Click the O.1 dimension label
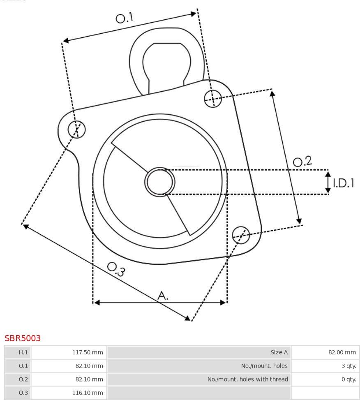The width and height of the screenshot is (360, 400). click(x=125, y=18)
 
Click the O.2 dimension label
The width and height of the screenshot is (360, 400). click(x=302, y=161)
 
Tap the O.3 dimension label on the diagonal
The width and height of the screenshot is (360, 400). click(x=116, y=269)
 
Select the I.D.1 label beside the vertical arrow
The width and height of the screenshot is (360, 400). click(x=344, y=183)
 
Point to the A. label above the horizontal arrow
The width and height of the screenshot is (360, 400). click(x=163, y=296)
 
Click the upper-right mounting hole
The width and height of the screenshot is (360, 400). click(x=213, y=99)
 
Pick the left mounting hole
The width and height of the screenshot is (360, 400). click(x=77, y=129)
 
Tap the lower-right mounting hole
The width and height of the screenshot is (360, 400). click(x=241, y=235)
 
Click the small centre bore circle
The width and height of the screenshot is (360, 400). click(x=160, y=182)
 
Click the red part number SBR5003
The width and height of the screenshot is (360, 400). click(x=23, y=338)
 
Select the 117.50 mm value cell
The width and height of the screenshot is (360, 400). click(x=88, y=352)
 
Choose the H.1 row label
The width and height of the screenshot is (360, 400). click(x=23, y=352)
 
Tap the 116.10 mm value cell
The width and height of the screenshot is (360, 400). click(x=88, y=393)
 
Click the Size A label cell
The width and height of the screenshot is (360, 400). click(x=279, y=352)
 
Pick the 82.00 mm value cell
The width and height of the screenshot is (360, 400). click(x=342, y=352)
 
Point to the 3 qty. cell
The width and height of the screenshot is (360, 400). click(x=349, y=366)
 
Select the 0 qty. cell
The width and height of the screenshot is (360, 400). click(x=349, y=379)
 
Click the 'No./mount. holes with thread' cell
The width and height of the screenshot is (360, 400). click(x=248, y=379)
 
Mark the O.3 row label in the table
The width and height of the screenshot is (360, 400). click(x=23, y=393)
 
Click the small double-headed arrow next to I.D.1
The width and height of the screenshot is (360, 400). click(x=328, y=182)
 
